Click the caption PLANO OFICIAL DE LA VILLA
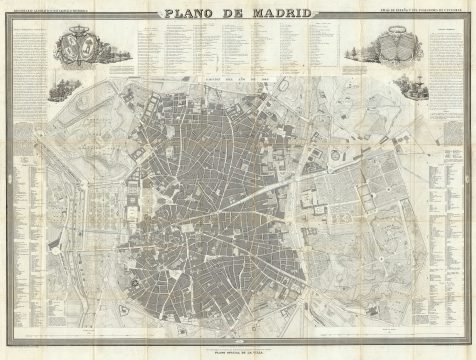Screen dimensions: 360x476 238,352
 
